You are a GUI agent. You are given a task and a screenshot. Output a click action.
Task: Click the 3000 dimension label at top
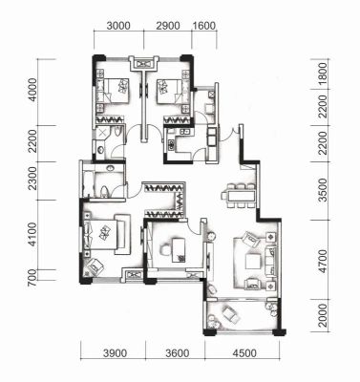118,26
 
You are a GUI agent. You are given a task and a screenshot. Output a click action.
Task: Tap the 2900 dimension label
168,26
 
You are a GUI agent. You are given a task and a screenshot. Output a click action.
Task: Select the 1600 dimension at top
204,26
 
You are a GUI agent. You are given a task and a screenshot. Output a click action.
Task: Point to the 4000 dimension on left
32,90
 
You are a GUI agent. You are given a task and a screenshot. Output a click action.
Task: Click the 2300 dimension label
32,180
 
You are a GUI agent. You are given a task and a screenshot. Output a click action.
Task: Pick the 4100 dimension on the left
32,234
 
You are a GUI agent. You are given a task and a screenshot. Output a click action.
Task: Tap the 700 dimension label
32,278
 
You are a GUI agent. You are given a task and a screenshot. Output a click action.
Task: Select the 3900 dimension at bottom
115,353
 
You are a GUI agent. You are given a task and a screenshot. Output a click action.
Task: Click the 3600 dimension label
178,353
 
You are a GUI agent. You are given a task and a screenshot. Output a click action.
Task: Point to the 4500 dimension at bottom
244,353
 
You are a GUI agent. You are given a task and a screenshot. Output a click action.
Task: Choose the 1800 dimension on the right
323,74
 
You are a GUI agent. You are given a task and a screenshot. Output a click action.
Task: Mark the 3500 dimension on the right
323,190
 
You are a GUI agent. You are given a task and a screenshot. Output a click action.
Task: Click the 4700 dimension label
323,262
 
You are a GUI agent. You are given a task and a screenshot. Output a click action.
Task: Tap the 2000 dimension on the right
323,315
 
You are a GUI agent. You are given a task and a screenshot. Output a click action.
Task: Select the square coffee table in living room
253,262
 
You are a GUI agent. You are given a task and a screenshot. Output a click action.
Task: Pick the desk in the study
179,250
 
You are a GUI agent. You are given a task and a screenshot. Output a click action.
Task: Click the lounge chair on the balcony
230,313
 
